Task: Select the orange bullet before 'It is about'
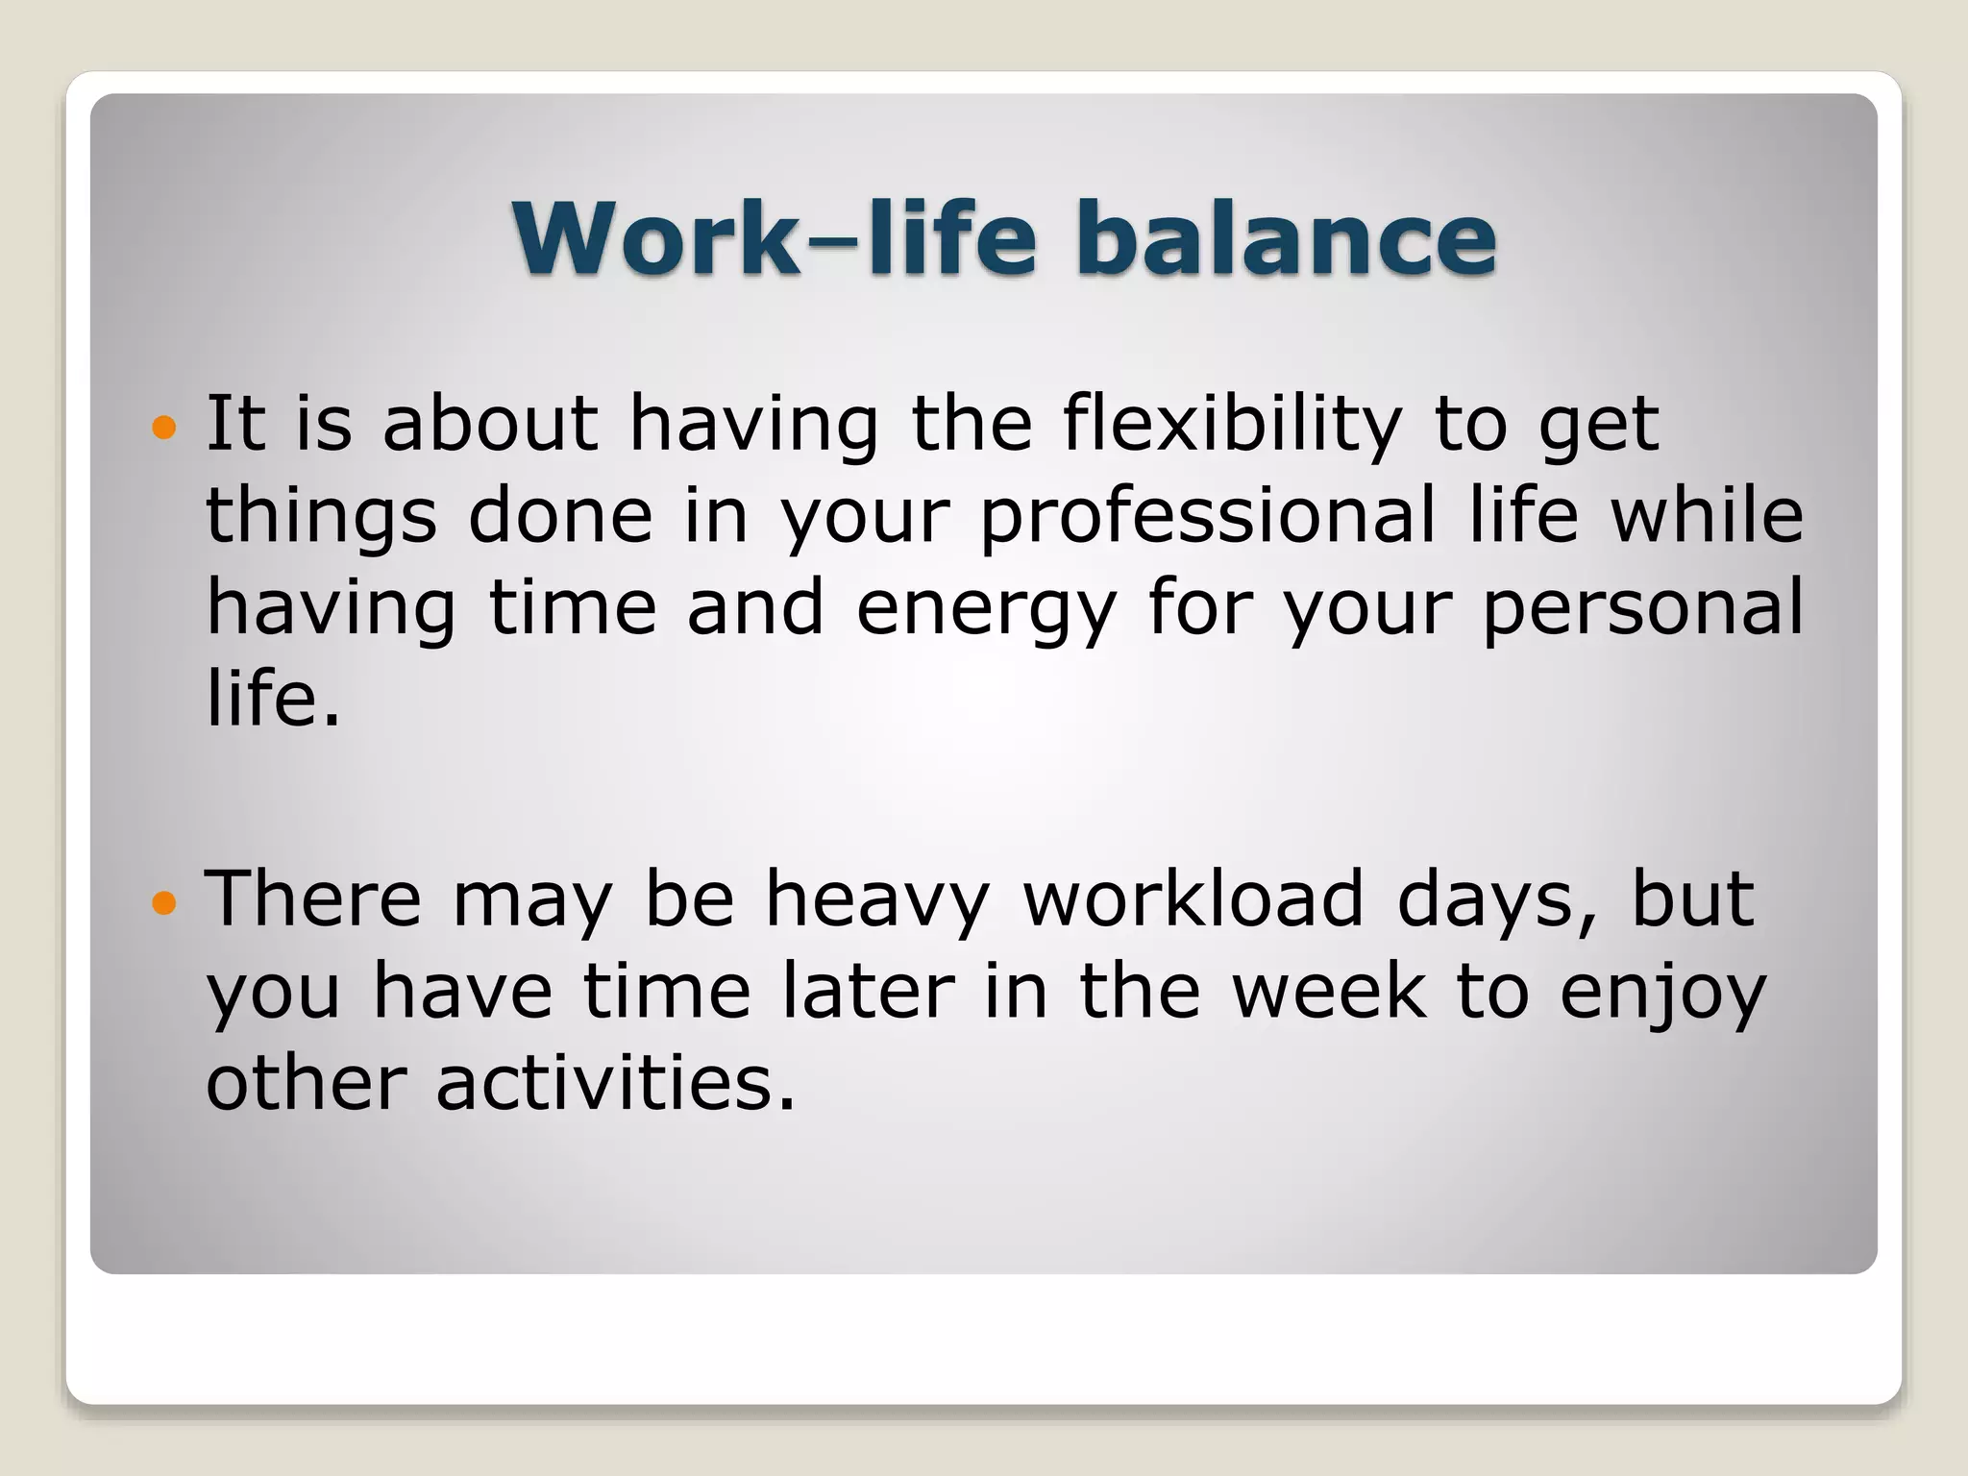(165, 427)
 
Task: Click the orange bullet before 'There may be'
(165, 902)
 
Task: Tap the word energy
(986, 609)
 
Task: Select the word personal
(1643, 609)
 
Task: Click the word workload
(1193, 899)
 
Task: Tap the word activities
(616, 1083)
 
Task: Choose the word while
(1707, 516)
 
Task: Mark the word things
(321, 516)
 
